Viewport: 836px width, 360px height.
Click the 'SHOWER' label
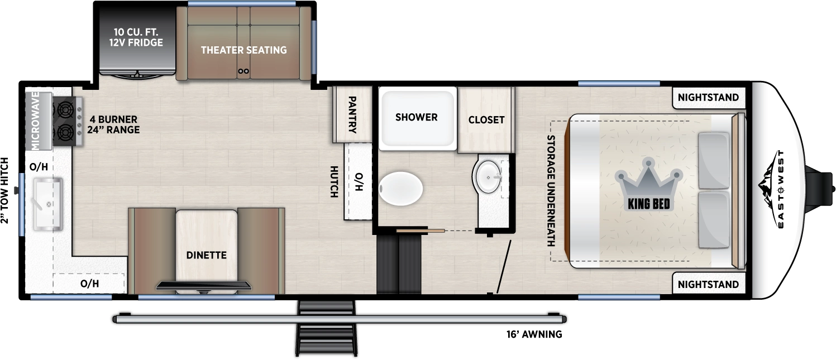[x=416, y=117]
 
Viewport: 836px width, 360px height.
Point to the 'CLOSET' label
[x=486, y=119]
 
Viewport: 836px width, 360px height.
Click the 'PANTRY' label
[x=352, y=114]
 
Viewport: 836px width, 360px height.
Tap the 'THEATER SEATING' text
[x=243, y=50]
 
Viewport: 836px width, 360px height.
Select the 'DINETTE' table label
[x=206, y=255]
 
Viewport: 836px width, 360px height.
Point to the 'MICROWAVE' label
[x=35, y=120]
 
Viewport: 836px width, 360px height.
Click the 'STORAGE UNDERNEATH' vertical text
[x=552, y=190]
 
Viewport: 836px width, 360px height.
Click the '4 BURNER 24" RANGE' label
[x=113, y=124]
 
